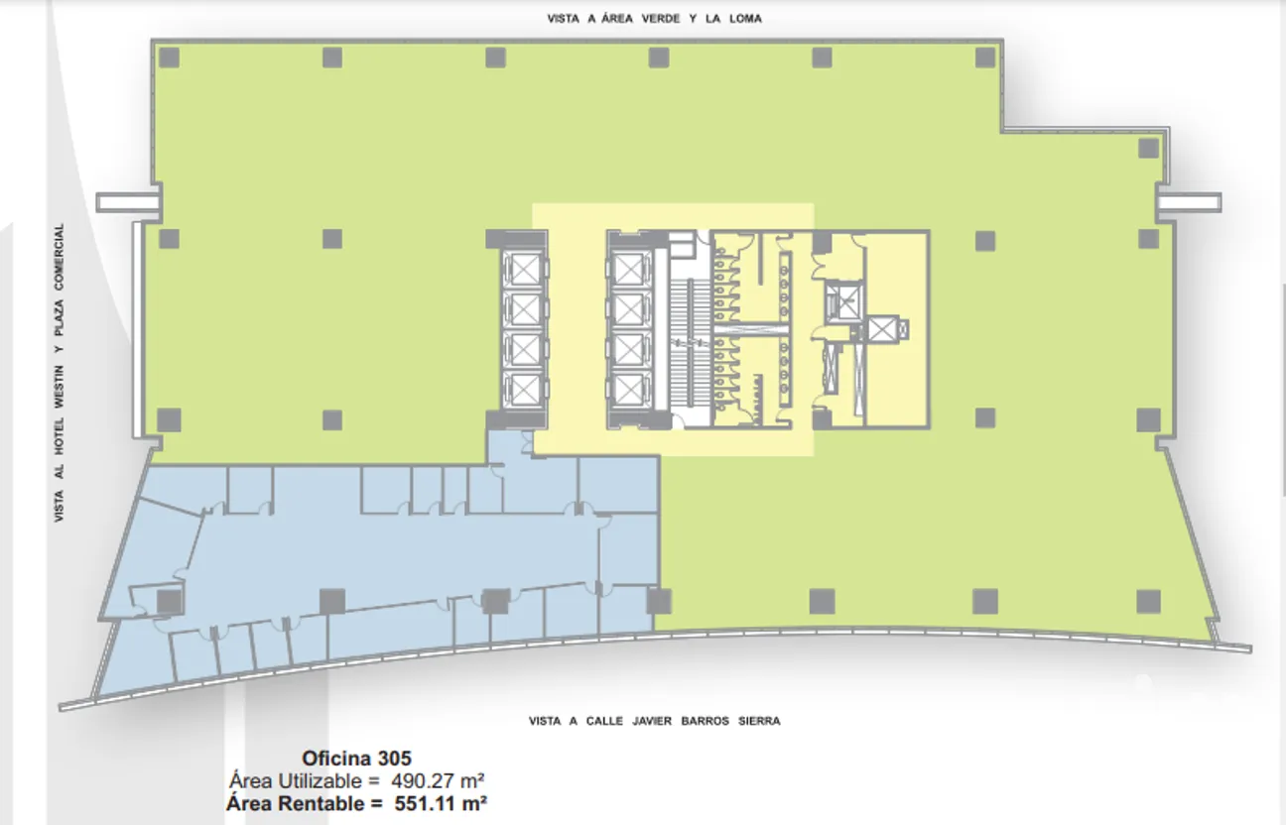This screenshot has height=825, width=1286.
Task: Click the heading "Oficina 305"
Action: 356,758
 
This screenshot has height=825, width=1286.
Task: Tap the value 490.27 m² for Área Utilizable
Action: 438,780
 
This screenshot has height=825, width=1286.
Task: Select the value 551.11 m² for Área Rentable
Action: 441,804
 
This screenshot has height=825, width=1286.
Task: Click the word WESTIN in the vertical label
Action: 60,386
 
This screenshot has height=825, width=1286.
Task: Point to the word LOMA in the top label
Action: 745,19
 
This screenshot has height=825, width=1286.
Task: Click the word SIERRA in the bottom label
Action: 759,721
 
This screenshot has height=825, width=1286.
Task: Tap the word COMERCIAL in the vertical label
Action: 60,257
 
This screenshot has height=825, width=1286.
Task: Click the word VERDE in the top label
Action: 660,19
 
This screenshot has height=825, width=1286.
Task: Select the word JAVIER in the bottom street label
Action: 652,721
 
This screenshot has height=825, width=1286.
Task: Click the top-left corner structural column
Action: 170,58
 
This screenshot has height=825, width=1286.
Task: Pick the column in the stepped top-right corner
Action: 1148,148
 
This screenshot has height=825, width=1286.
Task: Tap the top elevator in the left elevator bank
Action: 524,269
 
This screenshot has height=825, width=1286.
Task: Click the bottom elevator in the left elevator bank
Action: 524,390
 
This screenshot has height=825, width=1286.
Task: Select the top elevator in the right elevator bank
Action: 629,269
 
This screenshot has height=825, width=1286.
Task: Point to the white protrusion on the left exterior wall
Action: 128,202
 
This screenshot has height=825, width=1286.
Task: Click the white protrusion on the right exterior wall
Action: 1188,202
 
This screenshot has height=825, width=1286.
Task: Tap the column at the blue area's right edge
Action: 659,601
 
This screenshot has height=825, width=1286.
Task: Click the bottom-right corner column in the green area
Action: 1148,601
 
